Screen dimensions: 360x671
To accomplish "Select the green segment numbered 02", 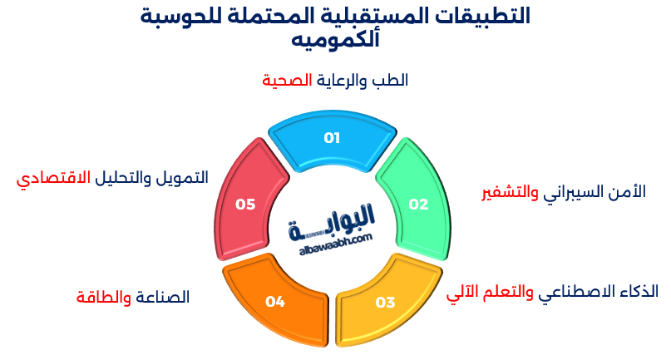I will point(417,203).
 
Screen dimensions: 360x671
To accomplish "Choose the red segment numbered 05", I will point(245,203).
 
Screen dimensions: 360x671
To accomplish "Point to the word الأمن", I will point(629,192).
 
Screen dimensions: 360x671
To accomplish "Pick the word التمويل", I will point(185,179).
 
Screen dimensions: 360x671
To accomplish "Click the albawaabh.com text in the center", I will point(333,239).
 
